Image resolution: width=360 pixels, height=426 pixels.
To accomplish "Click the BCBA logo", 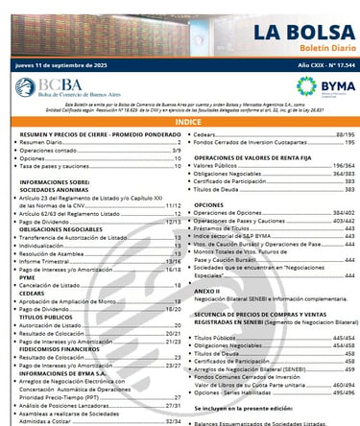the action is [x=58, y=88].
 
